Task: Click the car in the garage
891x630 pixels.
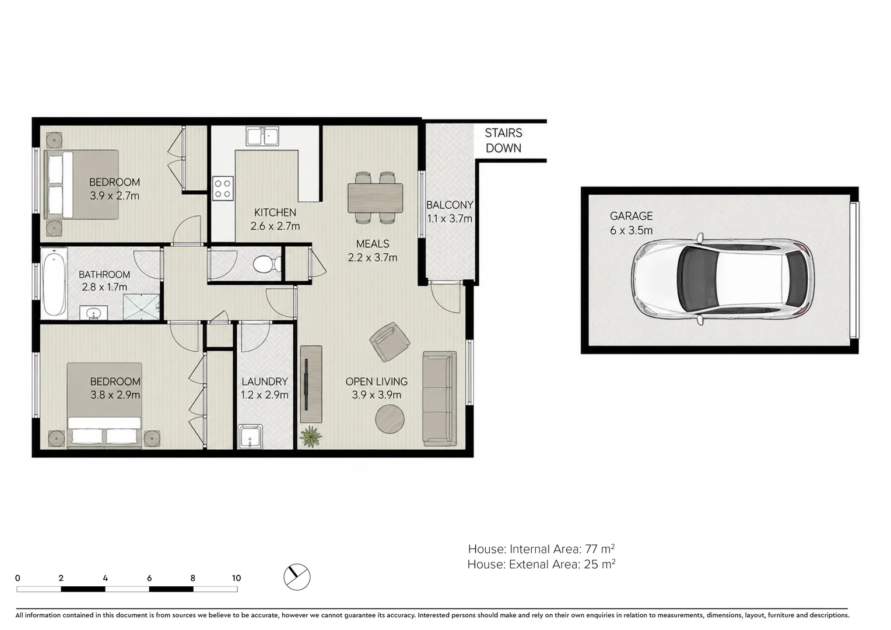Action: pyautogui.click(x=722, y=279)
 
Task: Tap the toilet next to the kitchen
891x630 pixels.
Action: pyautogui.click(x=267, y=264)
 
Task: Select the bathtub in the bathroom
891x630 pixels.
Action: pyautogui.click(x=54, y=282)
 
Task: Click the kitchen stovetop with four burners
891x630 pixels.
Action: pyautogui.click(x=223, y=188)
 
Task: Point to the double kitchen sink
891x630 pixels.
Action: pyautogui.click(x=262, y=136)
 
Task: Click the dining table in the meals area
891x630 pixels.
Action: pyautogui.click(x=375, y=197)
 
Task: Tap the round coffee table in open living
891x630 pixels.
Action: pyautogui.click(x=390, y=419)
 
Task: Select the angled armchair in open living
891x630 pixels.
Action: pyautogui.click(x=390, y=342)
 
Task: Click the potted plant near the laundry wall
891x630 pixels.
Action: pyautogui.click(x=311, y=436)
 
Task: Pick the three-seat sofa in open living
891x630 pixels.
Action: pyautogui.click(x=439, y=398)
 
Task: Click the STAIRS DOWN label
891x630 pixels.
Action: pyautogui.click(x=503, y=141)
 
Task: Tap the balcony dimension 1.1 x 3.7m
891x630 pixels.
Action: pyautogui.click(x=450, y=219)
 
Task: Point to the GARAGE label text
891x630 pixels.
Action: pyautogui.click(x=632, y=216)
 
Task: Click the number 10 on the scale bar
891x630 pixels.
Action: pyautogui.click(x=236, y=578)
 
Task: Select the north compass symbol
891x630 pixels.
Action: pyautogui.click(x=297, y=577)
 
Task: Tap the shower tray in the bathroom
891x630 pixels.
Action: pyautogui.click(x=141, y=306)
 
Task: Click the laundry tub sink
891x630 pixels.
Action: pyautogui.click(x=250, y=436)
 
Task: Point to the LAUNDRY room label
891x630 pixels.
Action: pyautogui.click(x=265, y=381)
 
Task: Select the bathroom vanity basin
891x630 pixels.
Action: pyautogui.click(x=93, y=313)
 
